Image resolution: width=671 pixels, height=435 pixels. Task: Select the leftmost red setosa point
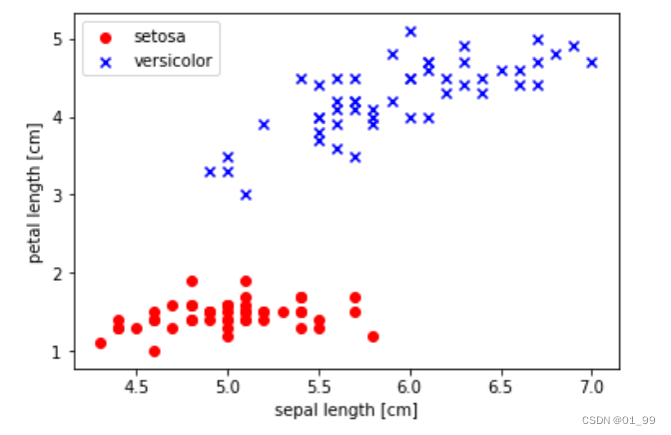(101, 343)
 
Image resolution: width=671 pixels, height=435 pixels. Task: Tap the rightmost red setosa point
(372, 336)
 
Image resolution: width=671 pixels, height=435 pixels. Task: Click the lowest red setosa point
(155, 351)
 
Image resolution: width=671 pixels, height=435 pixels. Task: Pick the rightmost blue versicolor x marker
(591, 62)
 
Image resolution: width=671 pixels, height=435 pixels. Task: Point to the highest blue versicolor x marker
(409, 31)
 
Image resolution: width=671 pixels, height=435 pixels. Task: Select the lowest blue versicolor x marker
(246, 194)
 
